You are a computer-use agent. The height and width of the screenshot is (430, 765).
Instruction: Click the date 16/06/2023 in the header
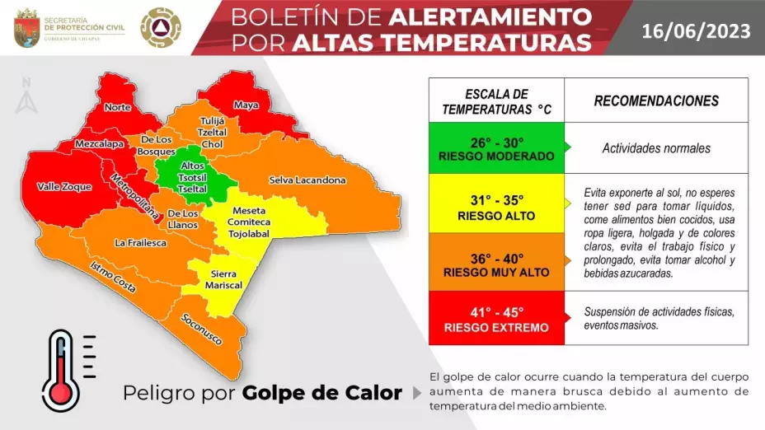pyautogui.click(x=697, y=31)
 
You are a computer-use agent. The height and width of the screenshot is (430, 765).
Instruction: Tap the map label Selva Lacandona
pyautogui.click(x=307, y=180)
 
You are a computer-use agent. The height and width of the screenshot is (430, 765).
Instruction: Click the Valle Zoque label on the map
pyautogui.click(x=64, y=187)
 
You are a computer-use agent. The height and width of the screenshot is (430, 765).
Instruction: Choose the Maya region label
pyautogui.click(x=246, y=105)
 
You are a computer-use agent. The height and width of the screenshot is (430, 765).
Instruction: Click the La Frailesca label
pyautogui.click(x=141, y=243)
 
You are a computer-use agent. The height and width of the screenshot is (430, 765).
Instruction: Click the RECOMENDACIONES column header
pyautogui.click(x=656, y=101)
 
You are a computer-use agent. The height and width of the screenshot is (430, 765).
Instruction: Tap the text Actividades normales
pyautogui.click(x=656, y=148)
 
